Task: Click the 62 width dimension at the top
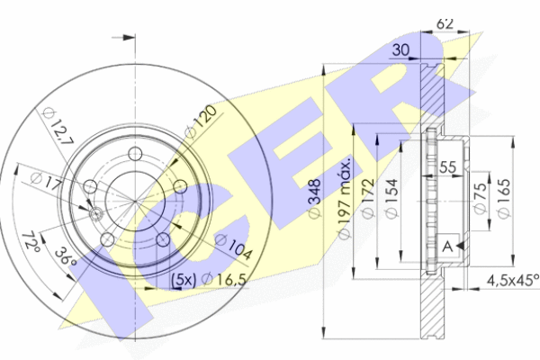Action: point(445,23)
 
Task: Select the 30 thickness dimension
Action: point(400,50)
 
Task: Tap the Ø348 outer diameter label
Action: point(315,199)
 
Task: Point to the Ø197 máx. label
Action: point(344,199)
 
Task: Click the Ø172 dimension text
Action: point(368,198)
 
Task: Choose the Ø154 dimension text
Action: point(391,199)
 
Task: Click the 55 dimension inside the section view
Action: point(447,167)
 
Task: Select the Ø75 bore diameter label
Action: point(480,197)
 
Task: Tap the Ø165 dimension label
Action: point(503,198)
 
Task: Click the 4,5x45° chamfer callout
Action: point(513,280)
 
